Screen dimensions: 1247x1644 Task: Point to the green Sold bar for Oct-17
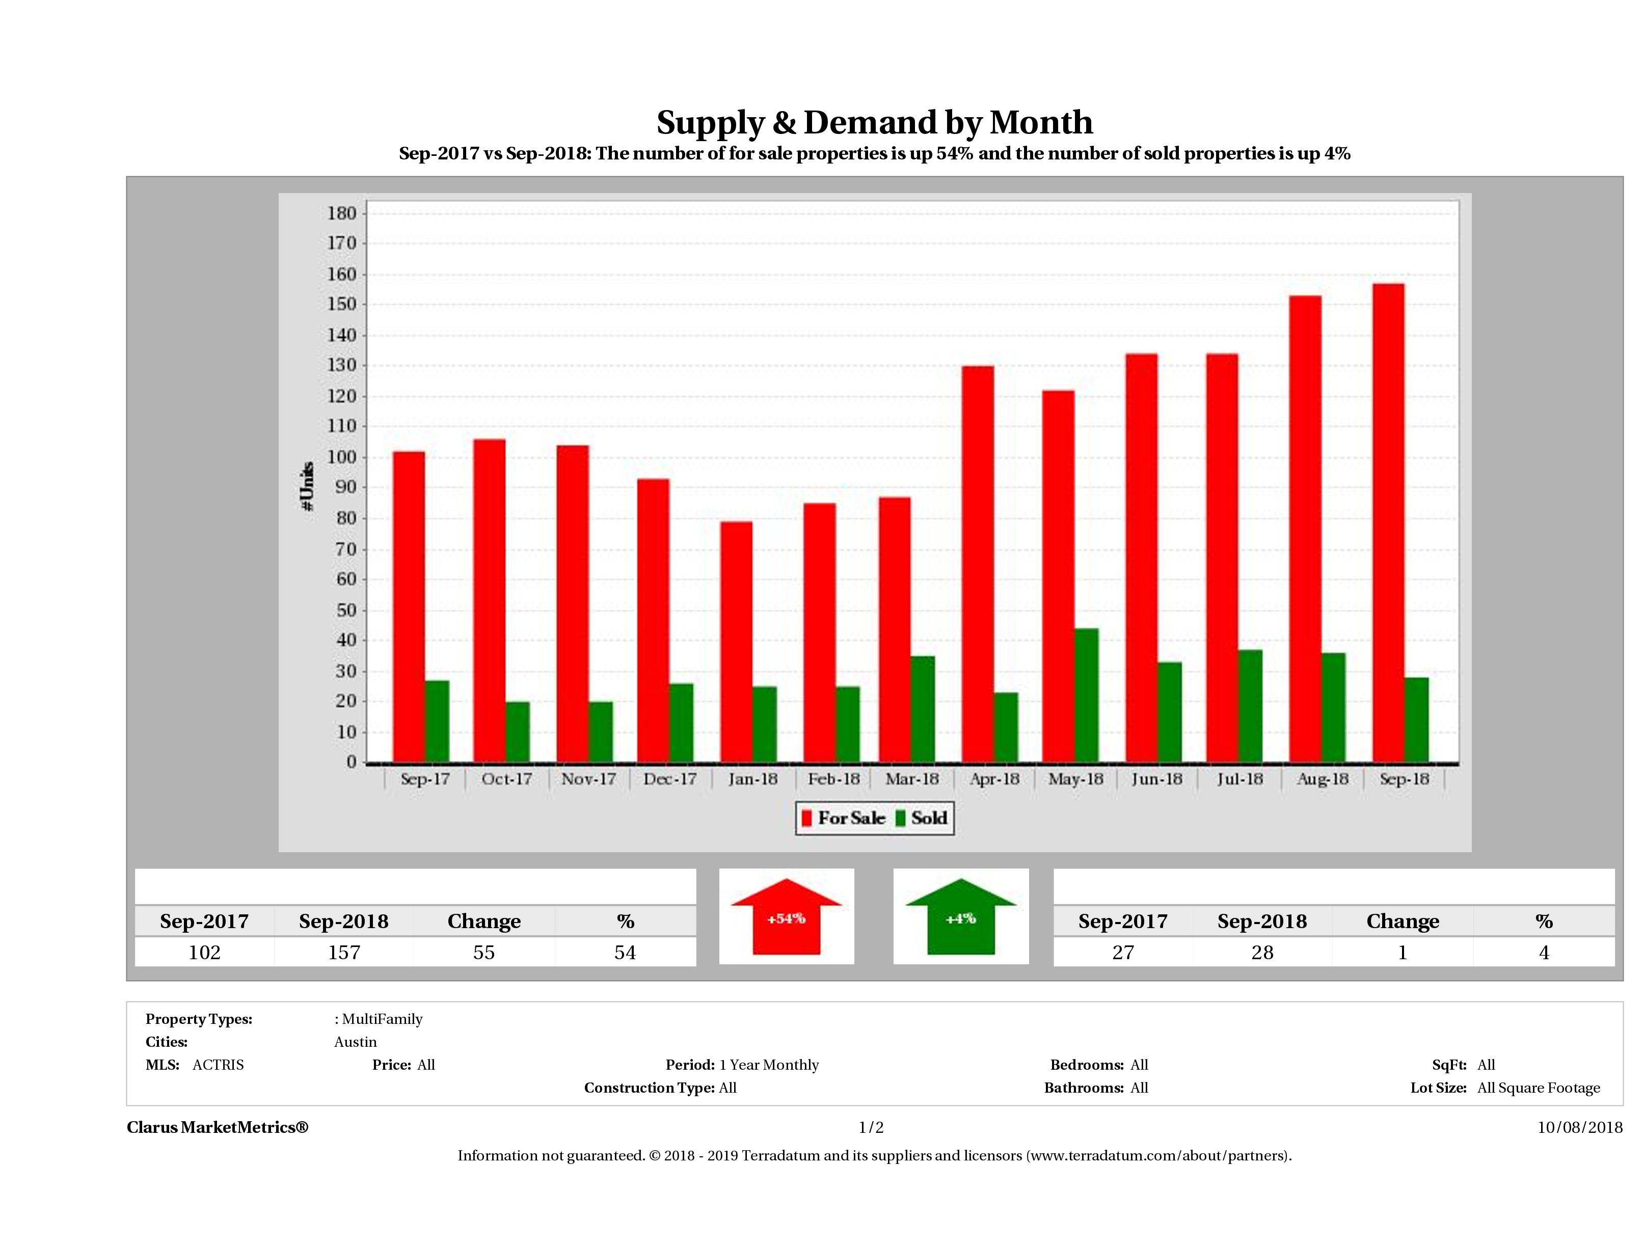(x=517, y=732)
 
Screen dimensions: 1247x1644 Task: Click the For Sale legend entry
(x=844, y=818)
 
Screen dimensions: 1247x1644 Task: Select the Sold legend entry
(x=922, y=818)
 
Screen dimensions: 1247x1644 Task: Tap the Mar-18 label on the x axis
(x=912, y=779)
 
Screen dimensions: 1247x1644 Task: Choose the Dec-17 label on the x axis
(x=670, y=779)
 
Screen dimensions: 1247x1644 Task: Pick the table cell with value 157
(x=343, y=952)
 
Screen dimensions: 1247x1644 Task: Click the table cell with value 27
(x=1122, y=952)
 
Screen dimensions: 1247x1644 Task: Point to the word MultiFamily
(x=382, y=1019)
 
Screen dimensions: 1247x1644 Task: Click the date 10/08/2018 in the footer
(x=1580, y=1127)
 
